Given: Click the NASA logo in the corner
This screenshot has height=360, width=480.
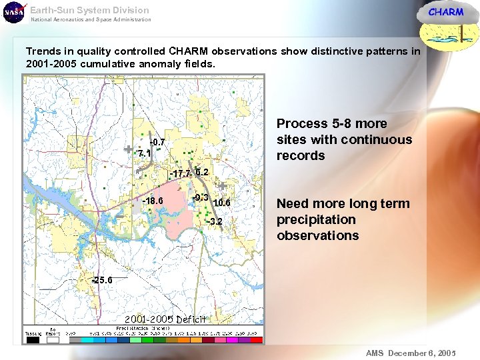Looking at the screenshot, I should (13, 13).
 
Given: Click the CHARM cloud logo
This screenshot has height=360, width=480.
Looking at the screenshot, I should (445, 20).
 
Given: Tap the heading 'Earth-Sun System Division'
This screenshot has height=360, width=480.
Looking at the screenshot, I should (89, 10).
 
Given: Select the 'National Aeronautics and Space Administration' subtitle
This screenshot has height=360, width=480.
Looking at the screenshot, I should (91, 20).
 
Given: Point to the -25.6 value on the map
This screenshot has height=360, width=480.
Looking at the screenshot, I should (103, 281).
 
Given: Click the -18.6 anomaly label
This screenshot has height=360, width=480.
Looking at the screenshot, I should (153, 201).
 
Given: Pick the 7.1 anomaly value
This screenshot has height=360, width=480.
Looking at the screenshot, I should (144, 153).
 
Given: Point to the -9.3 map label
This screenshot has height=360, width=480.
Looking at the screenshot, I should (201, 197).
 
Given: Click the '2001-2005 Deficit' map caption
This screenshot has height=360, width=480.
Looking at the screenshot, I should (165, 319).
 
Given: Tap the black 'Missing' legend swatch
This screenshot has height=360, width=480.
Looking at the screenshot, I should (33, 340).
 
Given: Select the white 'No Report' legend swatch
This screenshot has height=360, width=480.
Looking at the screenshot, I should (52, 340).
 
